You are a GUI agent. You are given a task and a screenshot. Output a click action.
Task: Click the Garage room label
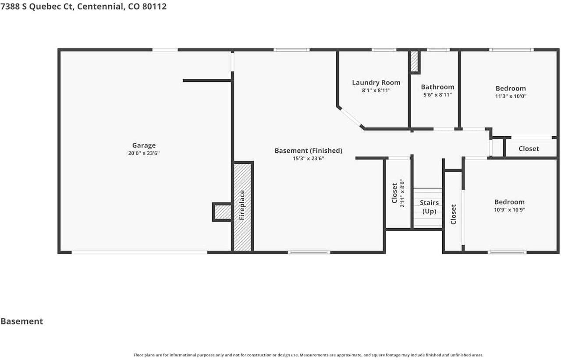(x=144, y=145)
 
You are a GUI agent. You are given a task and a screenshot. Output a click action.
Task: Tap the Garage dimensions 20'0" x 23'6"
(x=144, y=153)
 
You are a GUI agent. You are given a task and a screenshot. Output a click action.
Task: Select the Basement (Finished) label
(x=308, y=151)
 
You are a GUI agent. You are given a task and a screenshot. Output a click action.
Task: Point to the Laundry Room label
(x=376, y=83)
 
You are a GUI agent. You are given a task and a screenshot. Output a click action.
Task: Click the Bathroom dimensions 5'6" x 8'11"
(x=437, y=95)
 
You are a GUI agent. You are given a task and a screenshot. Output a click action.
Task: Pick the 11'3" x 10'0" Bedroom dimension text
(x=511, y=96)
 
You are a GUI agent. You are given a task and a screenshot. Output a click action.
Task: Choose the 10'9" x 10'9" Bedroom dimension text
(x=509, y=210)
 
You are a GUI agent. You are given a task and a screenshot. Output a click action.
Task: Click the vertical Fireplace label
(x=242, y=205)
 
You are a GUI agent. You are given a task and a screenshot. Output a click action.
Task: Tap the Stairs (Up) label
(x=429, y=207)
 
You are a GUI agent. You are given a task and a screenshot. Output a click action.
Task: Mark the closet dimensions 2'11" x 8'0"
(x=402, y=193)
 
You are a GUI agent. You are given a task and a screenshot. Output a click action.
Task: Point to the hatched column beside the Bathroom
(x=414, y=61)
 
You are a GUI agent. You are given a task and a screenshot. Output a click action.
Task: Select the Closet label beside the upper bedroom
(x=529, y=149)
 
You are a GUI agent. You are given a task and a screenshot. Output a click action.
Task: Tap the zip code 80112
(x=154, y=6)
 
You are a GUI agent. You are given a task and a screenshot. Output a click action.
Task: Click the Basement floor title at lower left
(x=22, y=321)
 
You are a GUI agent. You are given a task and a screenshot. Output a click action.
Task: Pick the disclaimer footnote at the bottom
(x=308, y=355)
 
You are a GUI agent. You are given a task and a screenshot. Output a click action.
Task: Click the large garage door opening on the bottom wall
(x=139, y=252)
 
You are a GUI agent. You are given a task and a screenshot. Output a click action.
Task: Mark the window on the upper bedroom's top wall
(x=511, y=50)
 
